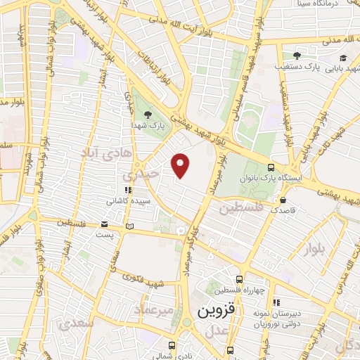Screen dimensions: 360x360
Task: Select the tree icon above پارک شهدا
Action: (147, 112)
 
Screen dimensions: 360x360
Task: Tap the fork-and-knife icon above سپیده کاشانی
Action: (128, 190)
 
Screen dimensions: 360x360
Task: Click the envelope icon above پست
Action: (103, 225)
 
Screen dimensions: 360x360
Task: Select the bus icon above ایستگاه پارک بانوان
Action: (271, 167)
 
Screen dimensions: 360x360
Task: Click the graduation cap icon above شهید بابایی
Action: (342, 58)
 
